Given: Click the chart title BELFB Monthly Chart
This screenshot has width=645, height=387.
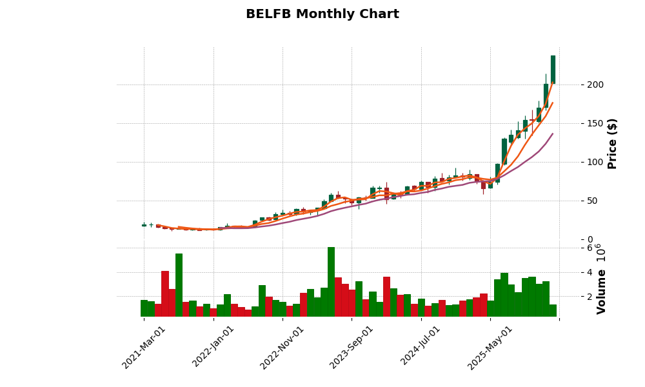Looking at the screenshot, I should [322, 14].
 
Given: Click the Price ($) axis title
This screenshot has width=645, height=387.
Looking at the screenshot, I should [612, 143].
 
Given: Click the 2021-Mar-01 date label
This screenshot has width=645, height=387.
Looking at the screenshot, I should [144, 347].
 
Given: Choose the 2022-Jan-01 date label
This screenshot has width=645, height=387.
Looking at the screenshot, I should [213, 347].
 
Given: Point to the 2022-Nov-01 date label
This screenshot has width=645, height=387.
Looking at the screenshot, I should [282, 347].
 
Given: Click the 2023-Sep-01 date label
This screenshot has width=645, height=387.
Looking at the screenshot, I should [352, 347].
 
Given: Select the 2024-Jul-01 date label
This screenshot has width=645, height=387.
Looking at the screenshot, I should [421, 347].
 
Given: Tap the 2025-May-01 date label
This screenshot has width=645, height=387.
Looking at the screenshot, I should [490, 347].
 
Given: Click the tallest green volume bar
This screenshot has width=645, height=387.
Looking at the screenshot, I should [331, 282].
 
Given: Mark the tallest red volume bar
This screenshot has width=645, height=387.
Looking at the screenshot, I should [165, 293].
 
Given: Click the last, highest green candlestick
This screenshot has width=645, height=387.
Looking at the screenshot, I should [553, 70].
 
